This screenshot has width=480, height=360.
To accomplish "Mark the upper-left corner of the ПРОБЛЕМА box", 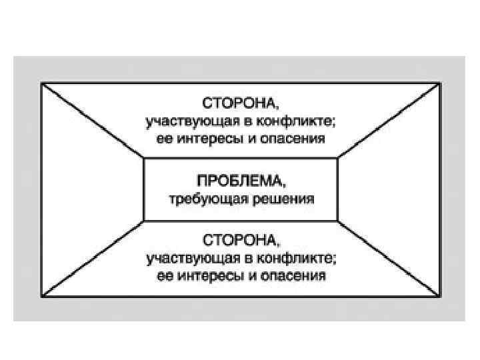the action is [x=144, y=158].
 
